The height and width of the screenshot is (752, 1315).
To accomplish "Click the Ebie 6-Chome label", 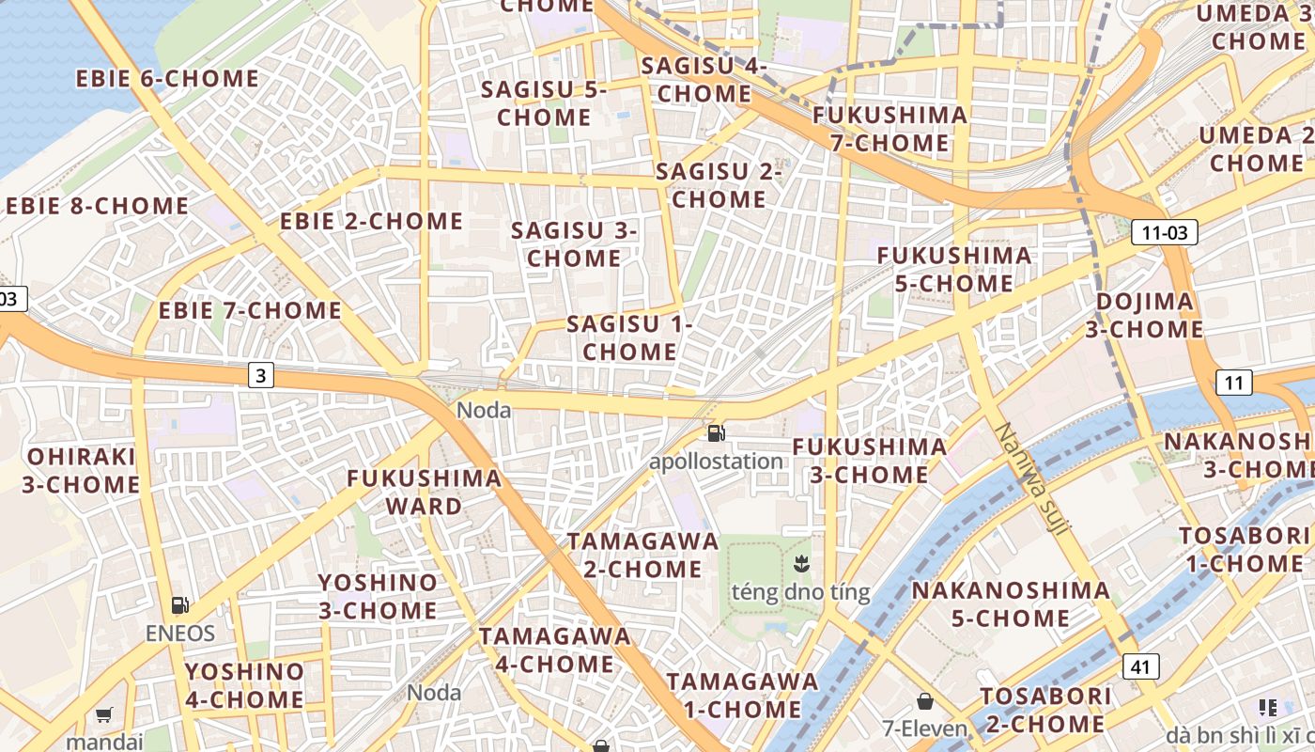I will [167, 79].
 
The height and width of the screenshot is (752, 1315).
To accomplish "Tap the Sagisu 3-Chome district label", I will [574, 244].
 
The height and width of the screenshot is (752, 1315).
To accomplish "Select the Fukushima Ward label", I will [425, 492].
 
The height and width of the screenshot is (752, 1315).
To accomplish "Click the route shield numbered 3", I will [261, 376].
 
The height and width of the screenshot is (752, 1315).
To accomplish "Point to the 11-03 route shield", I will [1164, 232].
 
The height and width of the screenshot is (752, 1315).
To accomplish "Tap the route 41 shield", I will [1139, 666].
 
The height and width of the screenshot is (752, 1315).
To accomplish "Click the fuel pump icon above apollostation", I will [716, 433].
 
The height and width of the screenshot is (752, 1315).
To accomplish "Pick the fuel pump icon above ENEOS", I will [179, 606].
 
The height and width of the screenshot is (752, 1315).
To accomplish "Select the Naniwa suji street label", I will [1031, 479].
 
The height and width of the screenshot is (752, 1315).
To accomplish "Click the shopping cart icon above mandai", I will [104, 714].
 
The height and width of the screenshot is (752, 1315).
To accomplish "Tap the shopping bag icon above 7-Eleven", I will [925, 702].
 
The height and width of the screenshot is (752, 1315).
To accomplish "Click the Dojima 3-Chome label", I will [1145, 315].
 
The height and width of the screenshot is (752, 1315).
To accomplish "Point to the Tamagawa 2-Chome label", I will [642, 555].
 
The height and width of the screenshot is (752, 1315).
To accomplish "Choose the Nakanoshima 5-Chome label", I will [1011, 604].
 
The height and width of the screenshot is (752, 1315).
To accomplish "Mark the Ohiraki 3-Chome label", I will [83, 471].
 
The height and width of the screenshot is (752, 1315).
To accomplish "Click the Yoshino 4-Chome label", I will [244, 685].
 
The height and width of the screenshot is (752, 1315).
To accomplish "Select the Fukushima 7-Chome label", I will [890, 129].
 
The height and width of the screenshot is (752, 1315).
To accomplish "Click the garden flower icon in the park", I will [801, 565].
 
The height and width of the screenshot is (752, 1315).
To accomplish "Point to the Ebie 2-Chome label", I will [372, 222].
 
